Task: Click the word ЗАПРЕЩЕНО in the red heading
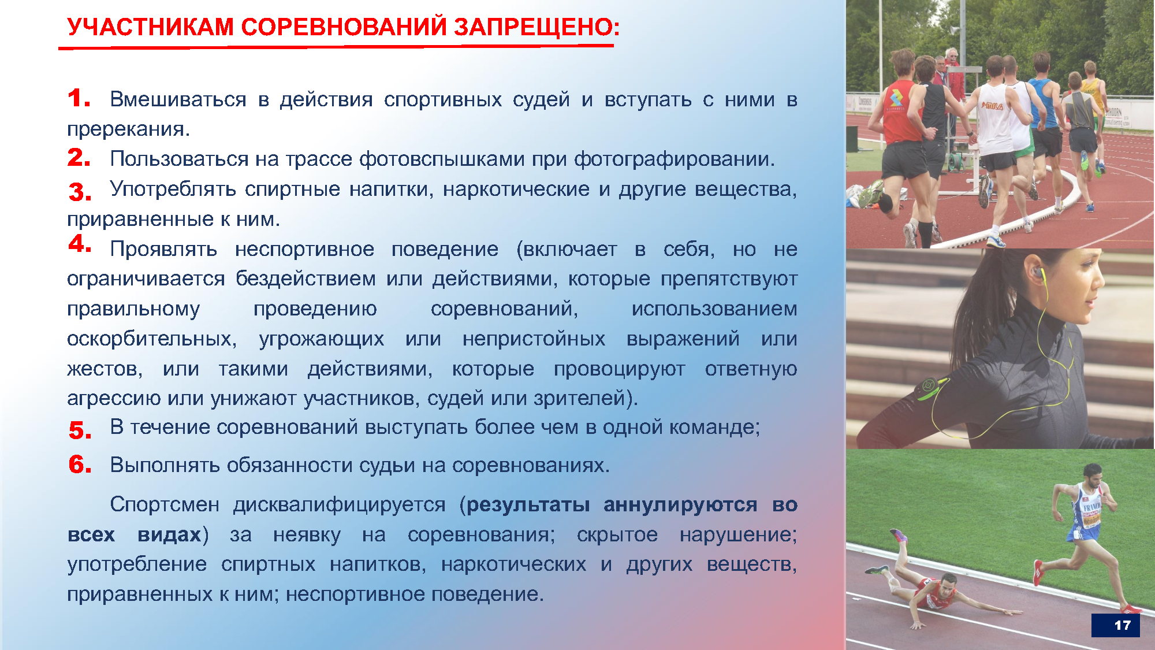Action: (536, 27)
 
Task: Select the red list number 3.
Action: (80, 192)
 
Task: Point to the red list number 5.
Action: (80, 430)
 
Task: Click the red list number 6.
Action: (80, 464)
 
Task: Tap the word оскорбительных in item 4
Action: (151, 339)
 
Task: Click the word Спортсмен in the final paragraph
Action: (165, 504)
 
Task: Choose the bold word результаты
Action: (528, 504)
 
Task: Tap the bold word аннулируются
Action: (680, 504)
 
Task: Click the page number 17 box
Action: (1115, 625)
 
